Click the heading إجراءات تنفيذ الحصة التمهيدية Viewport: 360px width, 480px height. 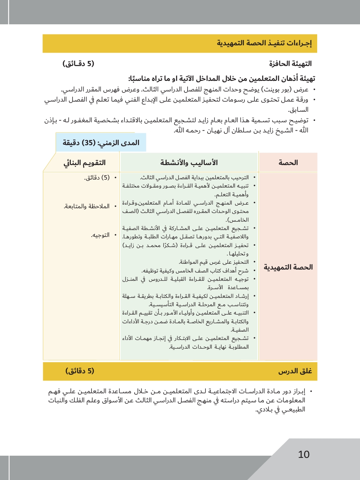click(x=264, y=44)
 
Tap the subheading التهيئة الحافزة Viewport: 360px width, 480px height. click(x=290, y=64)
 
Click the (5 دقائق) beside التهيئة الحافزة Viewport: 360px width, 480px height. click(x=78, y=64)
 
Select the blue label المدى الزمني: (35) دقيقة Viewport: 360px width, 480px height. click(x=101, y=143)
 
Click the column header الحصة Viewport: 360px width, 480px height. click(x=288, y=163)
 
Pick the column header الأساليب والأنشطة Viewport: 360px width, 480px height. click(x=189, y=163)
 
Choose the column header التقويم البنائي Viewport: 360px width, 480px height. click(x=85, y=163)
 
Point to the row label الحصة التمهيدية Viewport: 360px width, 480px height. click(x=288, y=267)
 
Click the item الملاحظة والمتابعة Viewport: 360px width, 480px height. click(x=87, y=206)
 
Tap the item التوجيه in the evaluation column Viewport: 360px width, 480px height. click(x=100, y=235)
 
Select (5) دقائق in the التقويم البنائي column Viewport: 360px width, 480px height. click(x=97, y=178)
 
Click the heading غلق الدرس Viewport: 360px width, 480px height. click(x=295, y=371)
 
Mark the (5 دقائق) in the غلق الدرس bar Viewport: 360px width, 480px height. click(x=80, y=371)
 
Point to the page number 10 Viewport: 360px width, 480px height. click(x=304, y=455)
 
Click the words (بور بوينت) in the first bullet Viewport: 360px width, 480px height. click(x=276, y=90)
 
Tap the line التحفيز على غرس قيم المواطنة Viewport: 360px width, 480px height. click(x=214, y=262)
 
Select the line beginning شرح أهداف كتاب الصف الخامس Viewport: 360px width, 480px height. click(x=195, y=271)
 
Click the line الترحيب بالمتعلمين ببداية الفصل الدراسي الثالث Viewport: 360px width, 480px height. click(x=195, y=177)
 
